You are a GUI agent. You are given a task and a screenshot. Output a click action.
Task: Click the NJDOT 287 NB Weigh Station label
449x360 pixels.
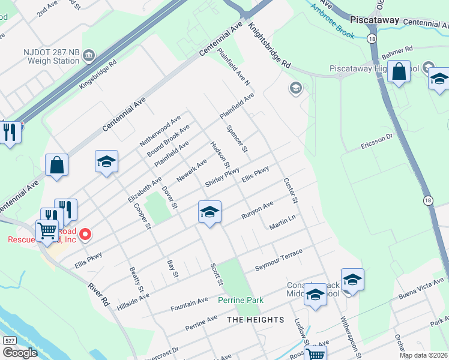point(44,56)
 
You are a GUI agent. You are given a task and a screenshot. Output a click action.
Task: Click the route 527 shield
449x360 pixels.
point(9,340)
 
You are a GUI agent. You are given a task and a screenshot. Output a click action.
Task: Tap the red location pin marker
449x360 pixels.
point(85,234)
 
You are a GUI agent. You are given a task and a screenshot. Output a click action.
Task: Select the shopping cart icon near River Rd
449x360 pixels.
point(47,229)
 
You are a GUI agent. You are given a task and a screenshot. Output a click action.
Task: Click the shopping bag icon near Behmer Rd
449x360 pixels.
point(398,72)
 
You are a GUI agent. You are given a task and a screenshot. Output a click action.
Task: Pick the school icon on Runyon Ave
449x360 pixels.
point(209,212)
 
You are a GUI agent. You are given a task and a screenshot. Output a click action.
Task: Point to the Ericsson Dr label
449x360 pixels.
point(377,143)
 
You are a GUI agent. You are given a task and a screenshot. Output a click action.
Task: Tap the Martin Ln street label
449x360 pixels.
point(283,223)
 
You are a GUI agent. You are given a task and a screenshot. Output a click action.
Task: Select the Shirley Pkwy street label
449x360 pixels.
point(222,176)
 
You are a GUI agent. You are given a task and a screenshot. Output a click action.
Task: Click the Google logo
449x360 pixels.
point(20,353)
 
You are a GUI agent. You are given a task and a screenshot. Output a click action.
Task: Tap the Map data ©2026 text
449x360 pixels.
point(423,355)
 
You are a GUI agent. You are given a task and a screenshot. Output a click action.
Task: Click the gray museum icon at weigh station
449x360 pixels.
point(89,56)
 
